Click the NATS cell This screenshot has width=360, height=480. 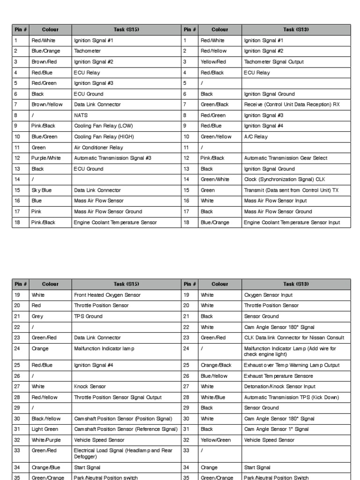[81, 115]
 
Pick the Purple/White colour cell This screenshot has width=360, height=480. [46, 158]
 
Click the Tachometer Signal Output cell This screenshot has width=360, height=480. [274, 61]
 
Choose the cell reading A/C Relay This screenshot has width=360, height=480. [255, 136]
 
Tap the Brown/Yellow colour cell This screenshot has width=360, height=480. [47, 105]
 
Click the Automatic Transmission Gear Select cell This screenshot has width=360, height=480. [285, 158]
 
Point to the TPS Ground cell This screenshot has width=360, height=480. [88, 316]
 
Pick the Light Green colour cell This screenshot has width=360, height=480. [45, 429]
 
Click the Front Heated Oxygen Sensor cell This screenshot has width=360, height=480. [107, 295]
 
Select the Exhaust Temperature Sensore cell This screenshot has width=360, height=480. [278, 376]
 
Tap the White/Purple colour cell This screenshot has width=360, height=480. [46, 440]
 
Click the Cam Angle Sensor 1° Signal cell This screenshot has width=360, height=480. [276, 429]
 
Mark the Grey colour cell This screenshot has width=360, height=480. [37, 316]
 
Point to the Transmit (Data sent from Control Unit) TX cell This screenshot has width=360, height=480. [291, 190]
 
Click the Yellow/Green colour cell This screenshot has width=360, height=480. [216, 440]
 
